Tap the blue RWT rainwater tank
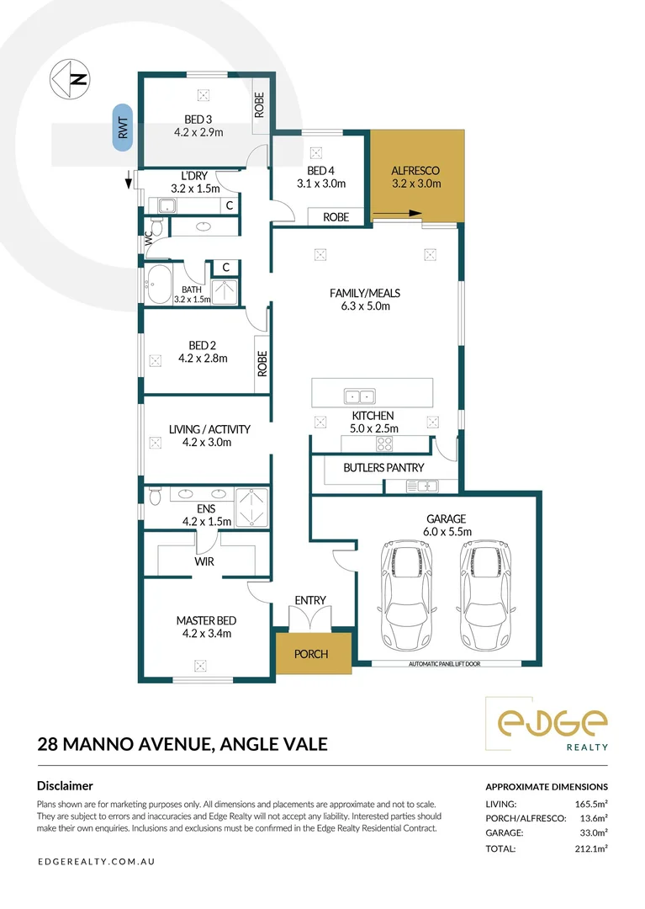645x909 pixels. click(x=123, y=128)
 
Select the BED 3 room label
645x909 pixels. click(x=198, y=119)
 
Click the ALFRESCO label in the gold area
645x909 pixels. click(x=415, y=171)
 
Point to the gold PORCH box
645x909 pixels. click(x=311, y=654)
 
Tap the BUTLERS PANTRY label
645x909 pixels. click(x=383, y=467)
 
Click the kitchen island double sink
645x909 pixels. click(x=362, y=396)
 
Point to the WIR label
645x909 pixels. click(x=204, y=561)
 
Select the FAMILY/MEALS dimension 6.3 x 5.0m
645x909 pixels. click(x=364, y=306)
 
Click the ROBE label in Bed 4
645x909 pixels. click(x=336, y=216)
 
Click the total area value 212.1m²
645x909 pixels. click(x=589, y=849)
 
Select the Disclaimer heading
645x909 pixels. click(x=66, y=785)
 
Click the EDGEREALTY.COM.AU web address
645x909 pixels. click(x=97, y=862)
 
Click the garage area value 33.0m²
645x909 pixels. click(x=591, y=832)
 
